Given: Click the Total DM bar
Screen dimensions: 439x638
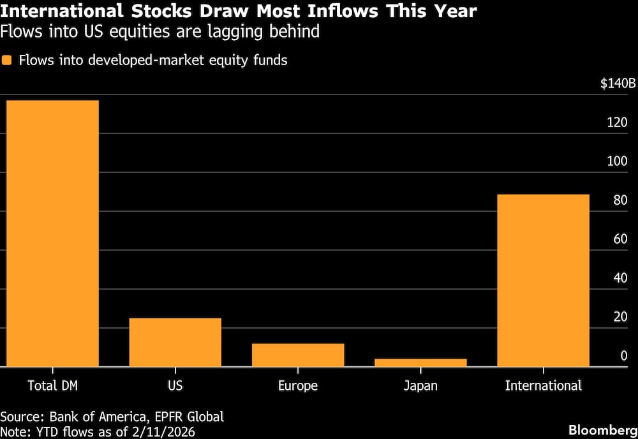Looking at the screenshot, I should pyautogui.click(x=52, y=234).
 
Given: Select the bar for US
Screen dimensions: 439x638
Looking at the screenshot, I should pyautogui.click(x=175, y=342).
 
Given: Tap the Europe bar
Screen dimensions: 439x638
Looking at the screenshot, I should pyautogui.click(x=298, y=355).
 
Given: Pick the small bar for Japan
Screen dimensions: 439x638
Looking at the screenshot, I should pyautogui.click(x=420, y=362).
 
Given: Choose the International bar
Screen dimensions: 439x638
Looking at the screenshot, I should pyautogui.click(x=543, y=280).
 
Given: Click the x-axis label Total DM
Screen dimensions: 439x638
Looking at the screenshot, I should pyautogui.click(x=52, y=385).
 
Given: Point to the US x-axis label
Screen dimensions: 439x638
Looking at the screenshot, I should pyautogui.click(x=175, y=385).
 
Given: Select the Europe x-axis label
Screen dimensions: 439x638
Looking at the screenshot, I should pyautogui.click(x=298, y=385).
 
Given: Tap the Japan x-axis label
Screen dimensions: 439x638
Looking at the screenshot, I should pyautogui.click(x=420, y=385).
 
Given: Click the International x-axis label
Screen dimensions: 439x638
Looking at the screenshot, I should pyautogui.click(x=543, y=385).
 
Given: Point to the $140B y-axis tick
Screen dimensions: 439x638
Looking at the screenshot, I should pyautogui.click(x=618, y=84).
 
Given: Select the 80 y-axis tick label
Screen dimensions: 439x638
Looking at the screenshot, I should pyautogui.click(x=619, y=200).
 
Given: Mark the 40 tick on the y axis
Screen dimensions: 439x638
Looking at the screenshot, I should pyautogui.click(x=619, y=278).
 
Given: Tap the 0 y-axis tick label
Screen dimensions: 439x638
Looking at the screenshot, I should pyautogui.click(x=624, y=356).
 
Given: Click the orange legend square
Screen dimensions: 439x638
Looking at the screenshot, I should pyautogui.click(x=7, y=61).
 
